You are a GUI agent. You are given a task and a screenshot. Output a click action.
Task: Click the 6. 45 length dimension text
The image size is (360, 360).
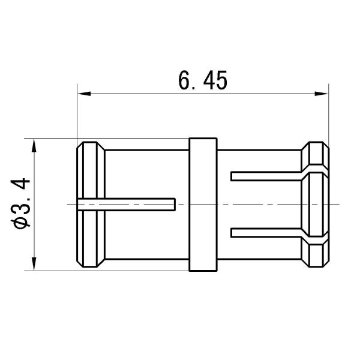202,80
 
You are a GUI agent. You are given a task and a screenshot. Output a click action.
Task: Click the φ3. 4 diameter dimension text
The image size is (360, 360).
21,205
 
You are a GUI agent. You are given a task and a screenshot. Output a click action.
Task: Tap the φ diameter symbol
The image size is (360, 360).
21,223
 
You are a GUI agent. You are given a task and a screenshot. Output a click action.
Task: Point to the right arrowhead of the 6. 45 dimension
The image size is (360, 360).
324,94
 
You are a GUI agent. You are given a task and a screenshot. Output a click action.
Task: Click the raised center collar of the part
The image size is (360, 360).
202,205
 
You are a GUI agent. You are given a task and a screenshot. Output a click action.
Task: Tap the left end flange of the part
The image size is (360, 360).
90,205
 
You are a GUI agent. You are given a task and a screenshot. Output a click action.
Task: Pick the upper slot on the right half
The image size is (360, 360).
267,176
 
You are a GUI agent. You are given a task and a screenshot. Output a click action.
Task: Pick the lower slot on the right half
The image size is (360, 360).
267,232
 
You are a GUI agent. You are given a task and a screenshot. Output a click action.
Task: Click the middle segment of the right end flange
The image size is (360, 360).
316,205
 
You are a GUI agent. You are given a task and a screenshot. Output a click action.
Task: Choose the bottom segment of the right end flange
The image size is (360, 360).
316,251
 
